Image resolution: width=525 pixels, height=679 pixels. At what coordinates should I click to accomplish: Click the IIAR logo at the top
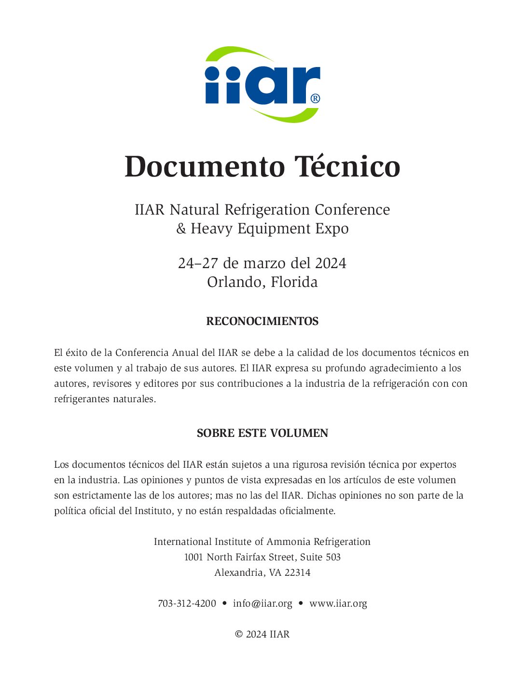[262, 84]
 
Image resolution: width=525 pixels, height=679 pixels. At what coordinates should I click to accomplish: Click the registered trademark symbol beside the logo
[315, 98]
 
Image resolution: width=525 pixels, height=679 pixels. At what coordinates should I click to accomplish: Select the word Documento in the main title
[205, 167]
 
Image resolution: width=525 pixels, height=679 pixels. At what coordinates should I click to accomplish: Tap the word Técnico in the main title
[347, 167]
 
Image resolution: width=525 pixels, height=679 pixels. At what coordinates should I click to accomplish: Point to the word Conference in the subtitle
[352, 210]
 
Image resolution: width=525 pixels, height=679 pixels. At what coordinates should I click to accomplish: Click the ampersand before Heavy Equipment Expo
[181, 229]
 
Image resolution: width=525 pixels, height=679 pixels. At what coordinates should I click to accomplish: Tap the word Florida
[294, 282]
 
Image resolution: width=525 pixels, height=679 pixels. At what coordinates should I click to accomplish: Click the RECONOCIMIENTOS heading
[262, 321]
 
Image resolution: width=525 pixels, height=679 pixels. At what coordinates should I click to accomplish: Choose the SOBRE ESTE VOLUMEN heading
[262, 433]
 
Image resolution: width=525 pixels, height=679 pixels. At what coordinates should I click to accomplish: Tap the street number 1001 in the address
[193, 557]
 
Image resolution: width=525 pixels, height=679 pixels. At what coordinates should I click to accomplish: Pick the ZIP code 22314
[297, 573]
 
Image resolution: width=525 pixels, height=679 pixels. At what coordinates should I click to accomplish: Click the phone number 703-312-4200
[187, 604]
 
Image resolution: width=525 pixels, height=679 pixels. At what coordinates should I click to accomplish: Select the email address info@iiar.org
[262, 604]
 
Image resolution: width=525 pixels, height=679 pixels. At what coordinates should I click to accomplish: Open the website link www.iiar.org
[338, 604]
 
